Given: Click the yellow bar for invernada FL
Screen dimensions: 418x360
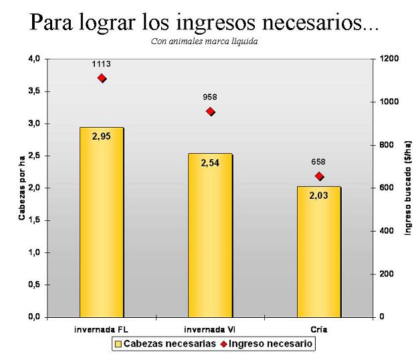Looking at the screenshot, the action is [x=102, y=222].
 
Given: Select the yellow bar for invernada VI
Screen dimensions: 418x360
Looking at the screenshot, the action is [x=210, y=235].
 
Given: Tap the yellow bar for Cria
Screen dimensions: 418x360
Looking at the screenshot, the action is [x=319, y=252].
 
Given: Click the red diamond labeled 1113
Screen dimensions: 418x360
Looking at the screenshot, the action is [x=102, y=78].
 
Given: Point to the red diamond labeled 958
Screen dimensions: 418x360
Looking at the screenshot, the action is [x=211, y=112].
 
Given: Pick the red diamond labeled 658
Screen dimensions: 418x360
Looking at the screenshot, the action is [x=319, y=176].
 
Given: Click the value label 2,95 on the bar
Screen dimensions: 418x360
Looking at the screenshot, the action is [x=101, y=137].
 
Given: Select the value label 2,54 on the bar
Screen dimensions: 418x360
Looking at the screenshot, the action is [x=210, y=163].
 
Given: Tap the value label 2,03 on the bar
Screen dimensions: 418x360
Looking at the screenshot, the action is [x=318, y=195].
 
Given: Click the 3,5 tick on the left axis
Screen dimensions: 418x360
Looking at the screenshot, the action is [x=34, y=91].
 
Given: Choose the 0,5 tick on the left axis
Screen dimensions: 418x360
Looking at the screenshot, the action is [x=34, y=284].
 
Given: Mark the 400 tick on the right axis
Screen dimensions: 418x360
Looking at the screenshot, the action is [x=386, y=231].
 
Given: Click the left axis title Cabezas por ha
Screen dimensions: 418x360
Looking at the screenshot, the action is [x=22, y=188].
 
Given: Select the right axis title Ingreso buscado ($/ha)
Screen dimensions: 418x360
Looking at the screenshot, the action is [x=408, y=188].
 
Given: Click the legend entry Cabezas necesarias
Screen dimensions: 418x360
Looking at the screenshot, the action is [x=165, y=343].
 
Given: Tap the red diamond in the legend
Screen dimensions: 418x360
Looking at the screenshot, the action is [x=223, y=344].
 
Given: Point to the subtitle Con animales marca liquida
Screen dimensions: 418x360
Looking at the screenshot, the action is [x=204, y=41].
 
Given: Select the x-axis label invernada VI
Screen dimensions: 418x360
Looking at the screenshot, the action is [x=210, y=330].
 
